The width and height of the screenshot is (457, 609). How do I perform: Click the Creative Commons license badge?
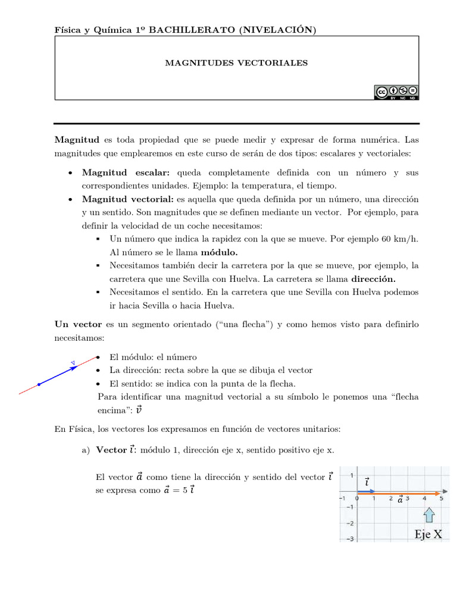click(396, 92)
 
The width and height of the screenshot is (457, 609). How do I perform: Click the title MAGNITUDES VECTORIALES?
click(236, 62)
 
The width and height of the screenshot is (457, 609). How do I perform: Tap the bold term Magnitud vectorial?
click(127, 199)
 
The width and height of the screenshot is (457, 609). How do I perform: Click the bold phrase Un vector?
click(78, 324)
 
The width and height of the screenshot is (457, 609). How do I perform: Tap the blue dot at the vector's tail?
click(39, 385)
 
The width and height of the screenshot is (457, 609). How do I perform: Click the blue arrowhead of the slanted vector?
click(74, 368)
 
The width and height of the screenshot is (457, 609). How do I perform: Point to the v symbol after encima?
click(139, 409)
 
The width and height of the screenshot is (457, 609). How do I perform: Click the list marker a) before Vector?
click(84, 450)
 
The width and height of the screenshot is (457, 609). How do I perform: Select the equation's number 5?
click(184, 491)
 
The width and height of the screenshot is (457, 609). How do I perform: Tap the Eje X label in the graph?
click(428, 534)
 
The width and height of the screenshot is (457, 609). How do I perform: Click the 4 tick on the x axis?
click(424, 499)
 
